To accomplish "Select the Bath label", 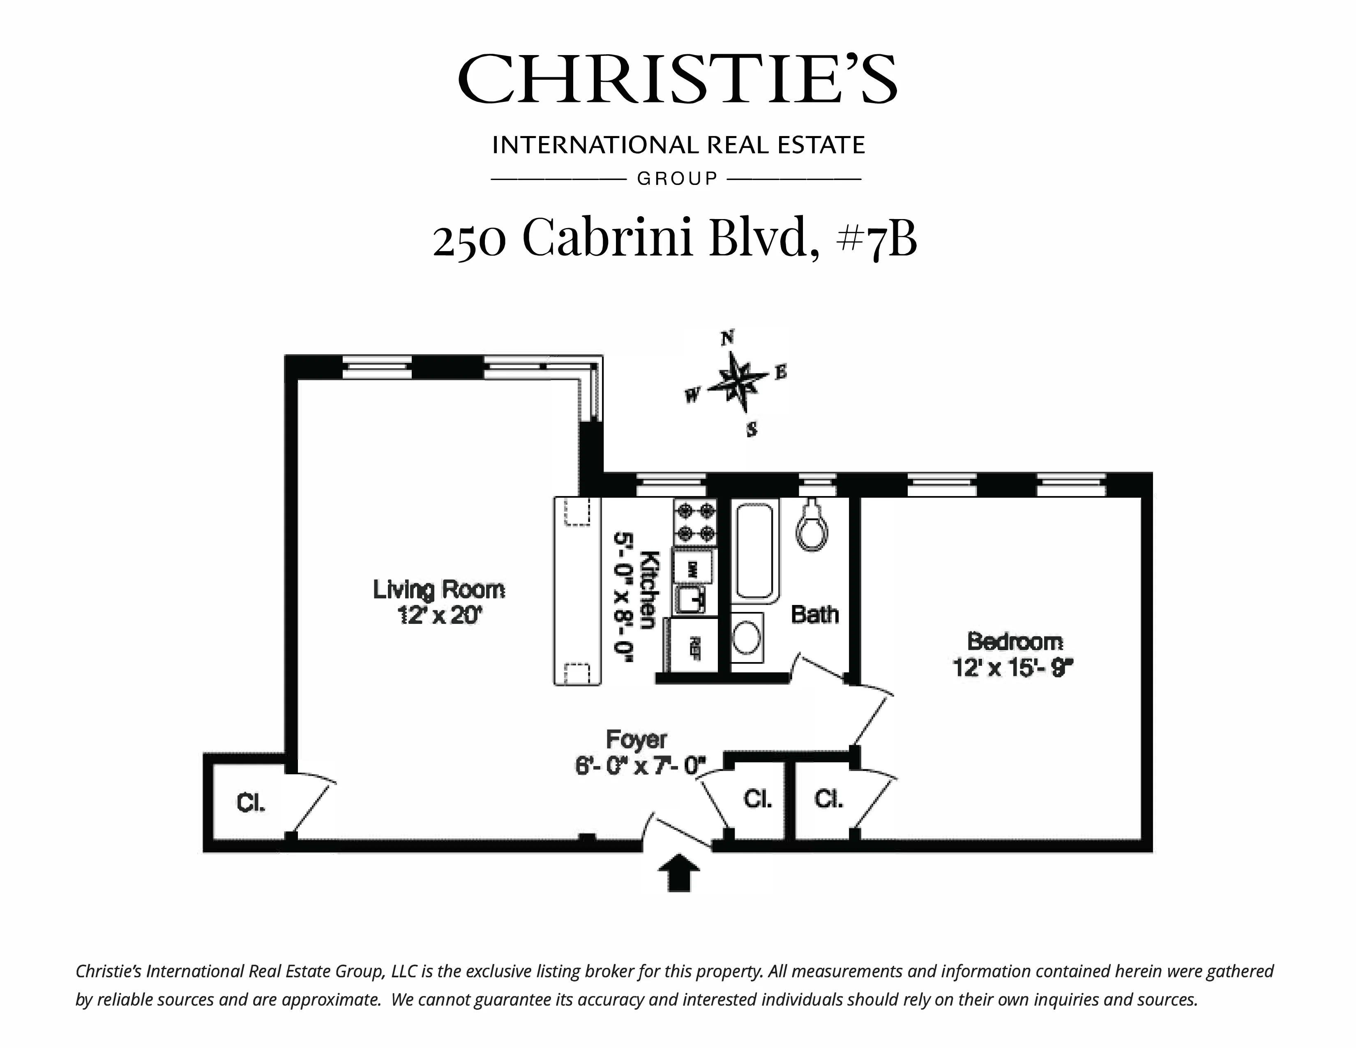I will (814, 615).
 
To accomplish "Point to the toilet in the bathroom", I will (812, 528).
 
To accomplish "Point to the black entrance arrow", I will (679, 872).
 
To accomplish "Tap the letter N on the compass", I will (728, 338).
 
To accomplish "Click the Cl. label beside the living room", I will (251, 803).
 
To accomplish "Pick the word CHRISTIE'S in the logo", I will (677, 79).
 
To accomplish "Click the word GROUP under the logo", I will (677, 179).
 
